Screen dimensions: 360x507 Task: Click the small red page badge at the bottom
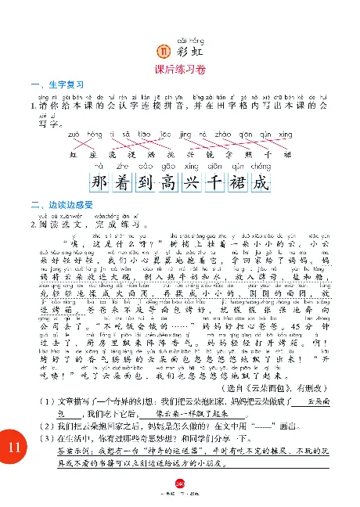(x=179, y=484)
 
